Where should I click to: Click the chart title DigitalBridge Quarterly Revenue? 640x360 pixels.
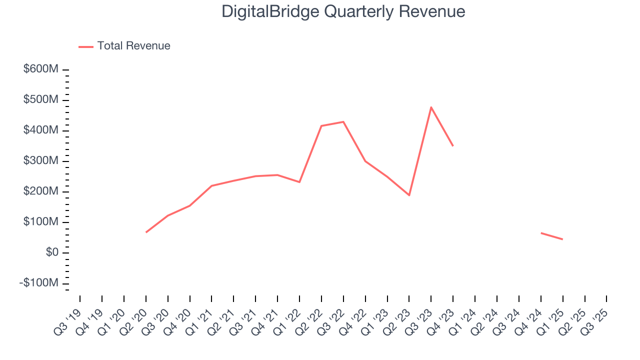[x=343, y=12]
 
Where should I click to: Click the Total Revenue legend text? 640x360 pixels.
[x=133, y=46]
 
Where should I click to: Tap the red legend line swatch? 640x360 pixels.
[x=86, y=46]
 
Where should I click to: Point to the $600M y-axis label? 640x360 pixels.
[x=40, y=69]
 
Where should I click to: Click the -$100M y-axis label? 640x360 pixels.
[x=38, y=283]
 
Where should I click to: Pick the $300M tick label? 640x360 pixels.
[x=40, y=161]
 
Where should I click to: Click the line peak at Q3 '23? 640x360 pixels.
[x=431, y=107]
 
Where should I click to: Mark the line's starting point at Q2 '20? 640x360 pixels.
[x=146, y=232]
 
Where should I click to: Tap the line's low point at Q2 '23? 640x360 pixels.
[x=409, y=195]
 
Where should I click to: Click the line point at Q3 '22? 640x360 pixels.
[x=343, y=121]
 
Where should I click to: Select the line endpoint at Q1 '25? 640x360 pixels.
[x=562, y=239]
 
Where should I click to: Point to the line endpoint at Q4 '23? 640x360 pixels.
[x=453, y=145]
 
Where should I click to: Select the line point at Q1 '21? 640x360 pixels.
[x=211, y=185]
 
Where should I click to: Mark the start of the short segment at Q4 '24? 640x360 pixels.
[x=541, y=232]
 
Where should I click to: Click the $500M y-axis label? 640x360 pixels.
[x=40, y=100]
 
